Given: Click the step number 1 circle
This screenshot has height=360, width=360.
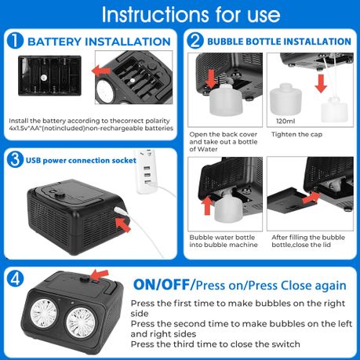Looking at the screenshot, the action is point(15,41).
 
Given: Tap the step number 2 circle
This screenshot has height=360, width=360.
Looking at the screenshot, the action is point(195,41).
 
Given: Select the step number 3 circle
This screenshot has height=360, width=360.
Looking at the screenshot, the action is point(15,159).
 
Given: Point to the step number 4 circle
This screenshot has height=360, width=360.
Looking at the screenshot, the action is point(15,278).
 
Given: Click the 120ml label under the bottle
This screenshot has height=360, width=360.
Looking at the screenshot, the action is point(285,121).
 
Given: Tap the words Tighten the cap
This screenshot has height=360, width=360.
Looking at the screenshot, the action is point(296,134).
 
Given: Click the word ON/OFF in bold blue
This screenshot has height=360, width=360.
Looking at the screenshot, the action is point(162,285).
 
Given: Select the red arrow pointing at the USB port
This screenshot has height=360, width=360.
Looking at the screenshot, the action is point(122,224).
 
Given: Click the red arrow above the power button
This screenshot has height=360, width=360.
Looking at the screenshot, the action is point(99,275).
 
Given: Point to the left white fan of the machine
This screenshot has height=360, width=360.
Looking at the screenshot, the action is point(43,314).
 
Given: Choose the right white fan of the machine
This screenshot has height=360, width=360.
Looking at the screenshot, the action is point(81,322).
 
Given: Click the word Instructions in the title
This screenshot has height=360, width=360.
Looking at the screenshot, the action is point(155,14).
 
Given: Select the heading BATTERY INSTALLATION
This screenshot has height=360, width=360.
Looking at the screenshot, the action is point(99,42).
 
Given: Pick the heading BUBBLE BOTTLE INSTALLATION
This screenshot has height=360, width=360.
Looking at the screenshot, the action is point(279,42).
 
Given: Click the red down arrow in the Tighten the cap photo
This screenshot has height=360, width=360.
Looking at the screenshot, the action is point(321,83).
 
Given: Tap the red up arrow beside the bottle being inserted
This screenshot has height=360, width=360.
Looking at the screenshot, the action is point(207,205).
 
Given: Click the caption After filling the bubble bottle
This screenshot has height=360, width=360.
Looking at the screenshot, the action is point(308,241).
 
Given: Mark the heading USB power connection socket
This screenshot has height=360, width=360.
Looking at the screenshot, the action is point(81,160).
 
